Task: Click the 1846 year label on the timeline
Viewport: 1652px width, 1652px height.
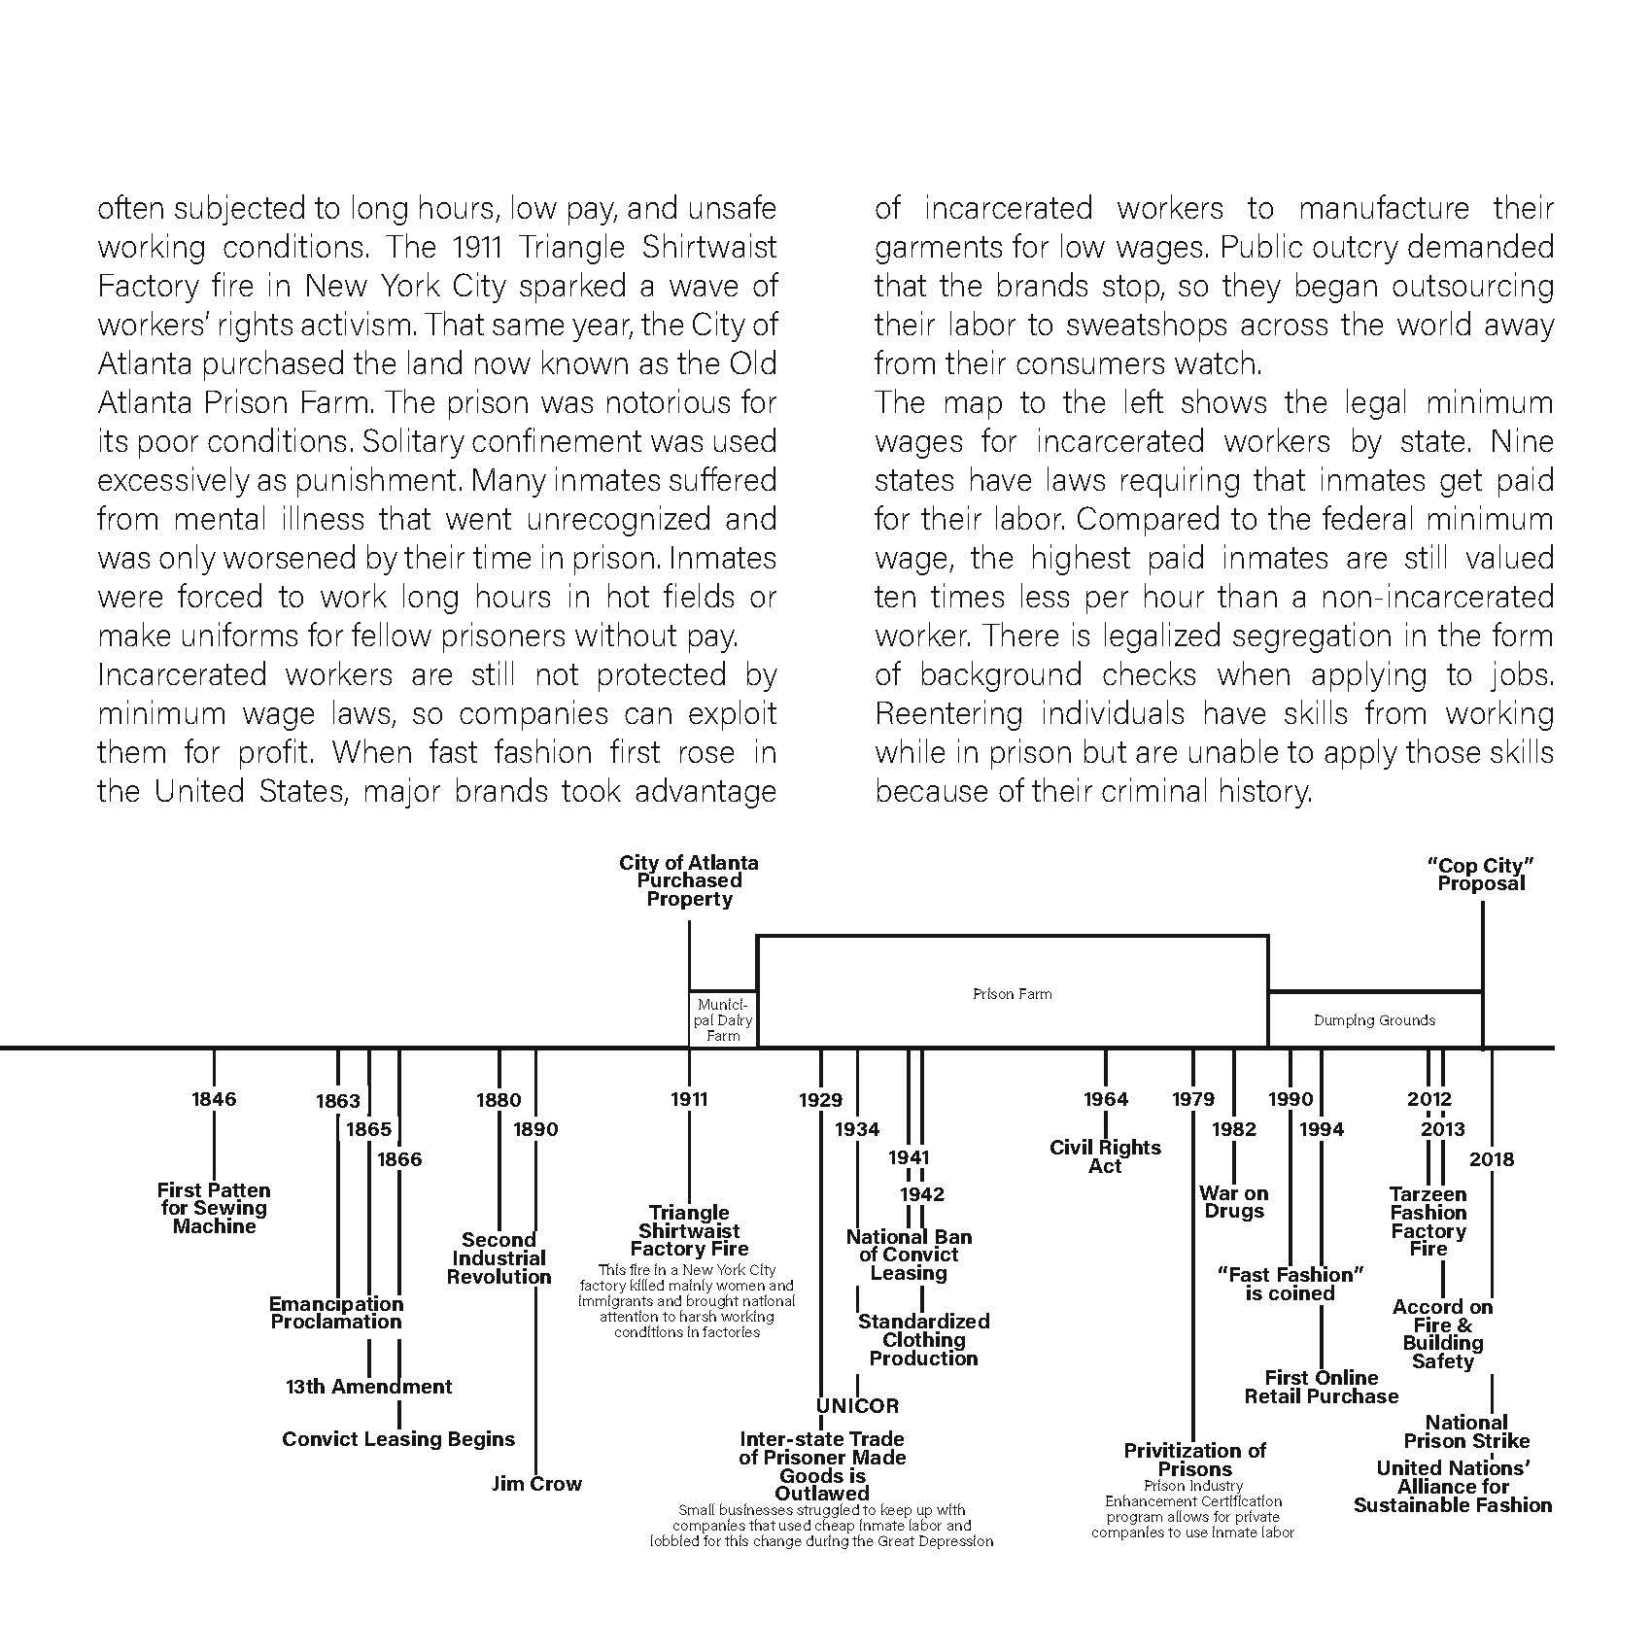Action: click(214, 1099)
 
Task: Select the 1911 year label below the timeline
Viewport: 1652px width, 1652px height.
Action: click(689, 1099)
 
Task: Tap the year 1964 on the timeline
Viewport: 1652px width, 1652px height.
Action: click(1106, 1099)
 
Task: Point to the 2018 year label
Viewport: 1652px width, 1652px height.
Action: click(1492, 1159)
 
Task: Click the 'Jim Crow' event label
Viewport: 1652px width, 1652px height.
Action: click(536, 1484)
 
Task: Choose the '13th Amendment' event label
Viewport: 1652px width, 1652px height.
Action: click(369, 1387)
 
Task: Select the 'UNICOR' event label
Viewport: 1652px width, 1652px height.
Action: click(857, 1405)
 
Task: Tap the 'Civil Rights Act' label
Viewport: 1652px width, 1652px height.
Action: click(1106, 1156)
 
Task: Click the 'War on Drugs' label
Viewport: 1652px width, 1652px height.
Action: click(1234, 1202)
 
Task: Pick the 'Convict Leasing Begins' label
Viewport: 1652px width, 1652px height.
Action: click(398, 1439)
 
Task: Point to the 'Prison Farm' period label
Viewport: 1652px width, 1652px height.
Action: click(1012, 994)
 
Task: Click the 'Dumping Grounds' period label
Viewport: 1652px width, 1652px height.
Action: click(1374, 1020)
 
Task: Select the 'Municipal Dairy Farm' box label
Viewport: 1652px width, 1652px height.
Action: click(723, 1019)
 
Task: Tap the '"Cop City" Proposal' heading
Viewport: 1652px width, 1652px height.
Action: click(1482, 875)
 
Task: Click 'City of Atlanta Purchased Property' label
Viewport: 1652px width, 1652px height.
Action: click(689, 880)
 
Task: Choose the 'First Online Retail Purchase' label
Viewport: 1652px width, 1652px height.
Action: click(1322, 1387)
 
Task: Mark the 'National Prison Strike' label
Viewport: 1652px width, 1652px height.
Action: click(1466, 1431)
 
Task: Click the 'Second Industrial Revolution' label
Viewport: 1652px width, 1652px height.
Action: click(499, 1258)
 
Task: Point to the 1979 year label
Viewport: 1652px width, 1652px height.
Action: click(1193, 1099)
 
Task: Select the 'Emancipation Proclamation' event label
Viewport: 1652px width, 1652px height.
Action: click(336, 1313)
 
